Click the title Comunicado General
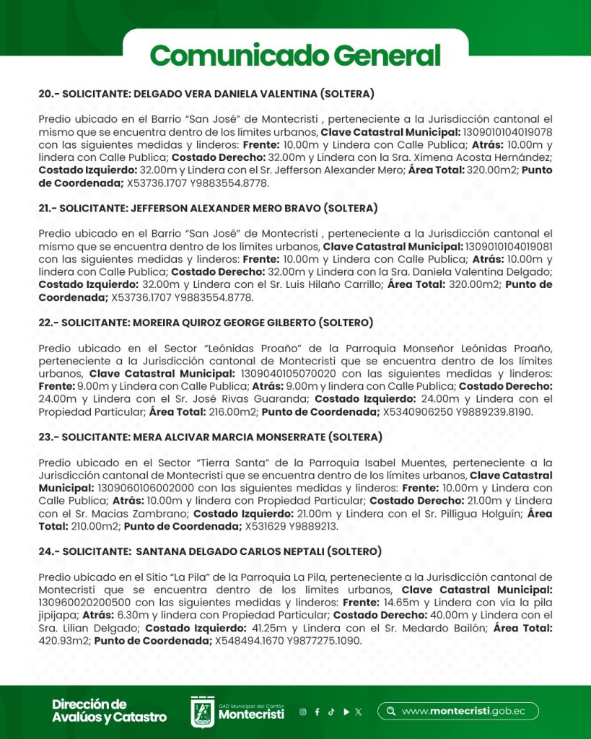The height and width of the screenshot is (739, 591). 295,56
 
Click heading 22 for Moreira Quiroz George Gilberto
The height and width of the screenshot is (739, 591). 206,322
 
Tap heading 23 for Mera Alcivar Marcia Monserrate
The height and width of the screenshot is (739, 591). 210,437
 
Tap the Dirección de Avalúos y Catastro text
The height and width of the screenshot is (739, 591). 109,711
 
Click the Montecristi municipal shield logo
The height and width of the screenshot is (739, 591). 202,712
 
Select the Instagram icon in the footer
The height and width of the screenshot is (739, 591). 303,712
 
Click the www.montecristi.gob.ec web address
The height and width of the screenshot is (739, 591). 463,711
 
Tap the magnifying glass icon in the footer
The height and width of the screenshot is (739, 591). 391,711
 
